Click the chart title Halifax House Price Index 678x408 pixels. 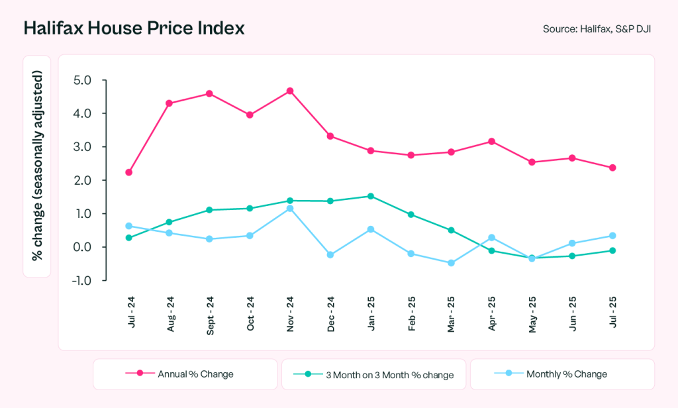tap(134, 28)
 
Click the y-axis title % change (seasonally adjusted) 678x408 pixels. tap(38, 166)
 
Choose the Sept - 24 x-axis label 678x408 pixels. tap(209, 315)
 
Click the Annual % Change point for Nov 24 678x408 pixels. tap(290, 91)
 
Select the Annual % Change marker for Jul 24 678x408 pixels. tap(128, 172)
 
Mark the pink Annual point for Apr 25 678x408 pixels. tap(491, 141)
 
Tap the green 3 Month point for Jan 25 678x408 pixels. tap(370, 196)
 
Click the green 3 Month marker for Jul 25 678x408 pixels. tap(612, 250)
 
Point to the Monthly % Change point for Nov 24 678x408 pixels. tap(290, 209)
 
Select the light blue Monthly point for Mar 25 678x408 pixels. tap(451, 263)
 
